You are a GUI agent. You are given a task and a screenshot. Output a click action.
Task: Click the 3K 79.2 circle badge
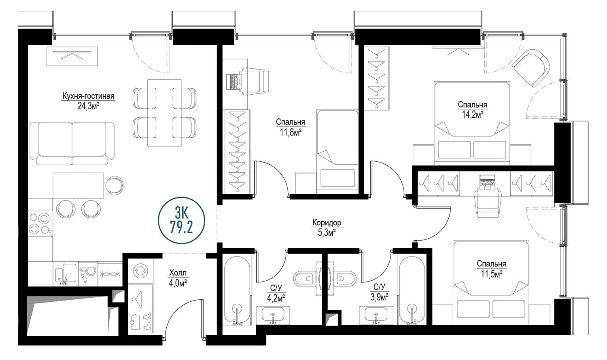(182, 220)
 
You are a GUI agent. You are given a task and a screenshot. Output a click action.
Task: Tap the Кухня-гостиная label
(88, 96)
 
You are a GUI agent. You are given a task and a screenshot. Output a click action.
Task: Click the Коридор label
(327, 222)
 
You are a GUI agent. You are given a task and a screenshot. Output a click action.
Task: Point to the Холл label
(178, 273)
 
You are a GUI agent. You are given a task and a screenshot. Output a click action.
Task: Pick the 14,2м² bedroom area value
(473, 114)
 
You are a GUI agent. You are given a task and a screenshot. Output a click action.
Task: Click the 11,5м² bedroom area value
(492, 274)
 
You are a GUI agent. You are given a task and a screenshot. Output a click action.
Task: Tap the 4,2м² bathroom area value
(275, 299)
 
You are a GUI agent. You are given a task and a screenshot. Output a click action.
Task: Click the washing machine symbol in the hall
(140, 271)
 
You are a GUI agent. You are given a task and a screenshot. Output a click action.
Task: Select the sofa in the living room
(72, 144)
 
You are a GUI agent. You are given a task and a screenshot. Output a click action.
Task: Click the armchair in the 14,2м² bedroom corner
(531, 68)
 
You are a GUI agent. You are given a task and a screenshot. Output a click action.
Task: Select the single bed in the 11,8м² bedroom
(337, 152)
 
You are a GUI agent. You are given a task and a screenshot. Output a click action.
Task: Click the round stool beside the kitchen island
(115, 186)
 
